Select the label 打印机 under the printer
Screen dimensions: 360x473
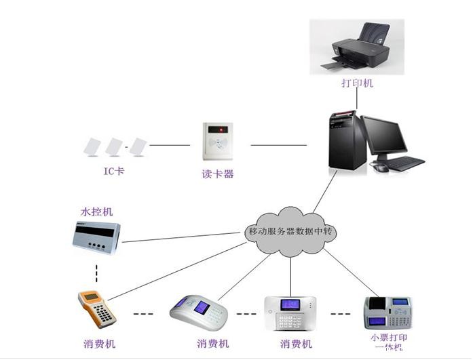click(357, 83)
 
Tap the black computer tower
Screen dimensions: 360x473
click(342, 141)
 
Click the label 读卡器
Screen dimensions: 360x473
click(219, 174)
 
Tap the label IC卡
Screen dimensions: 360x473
click(113, 171)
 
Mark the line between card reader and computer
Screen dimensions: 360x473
click(280, 144)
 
